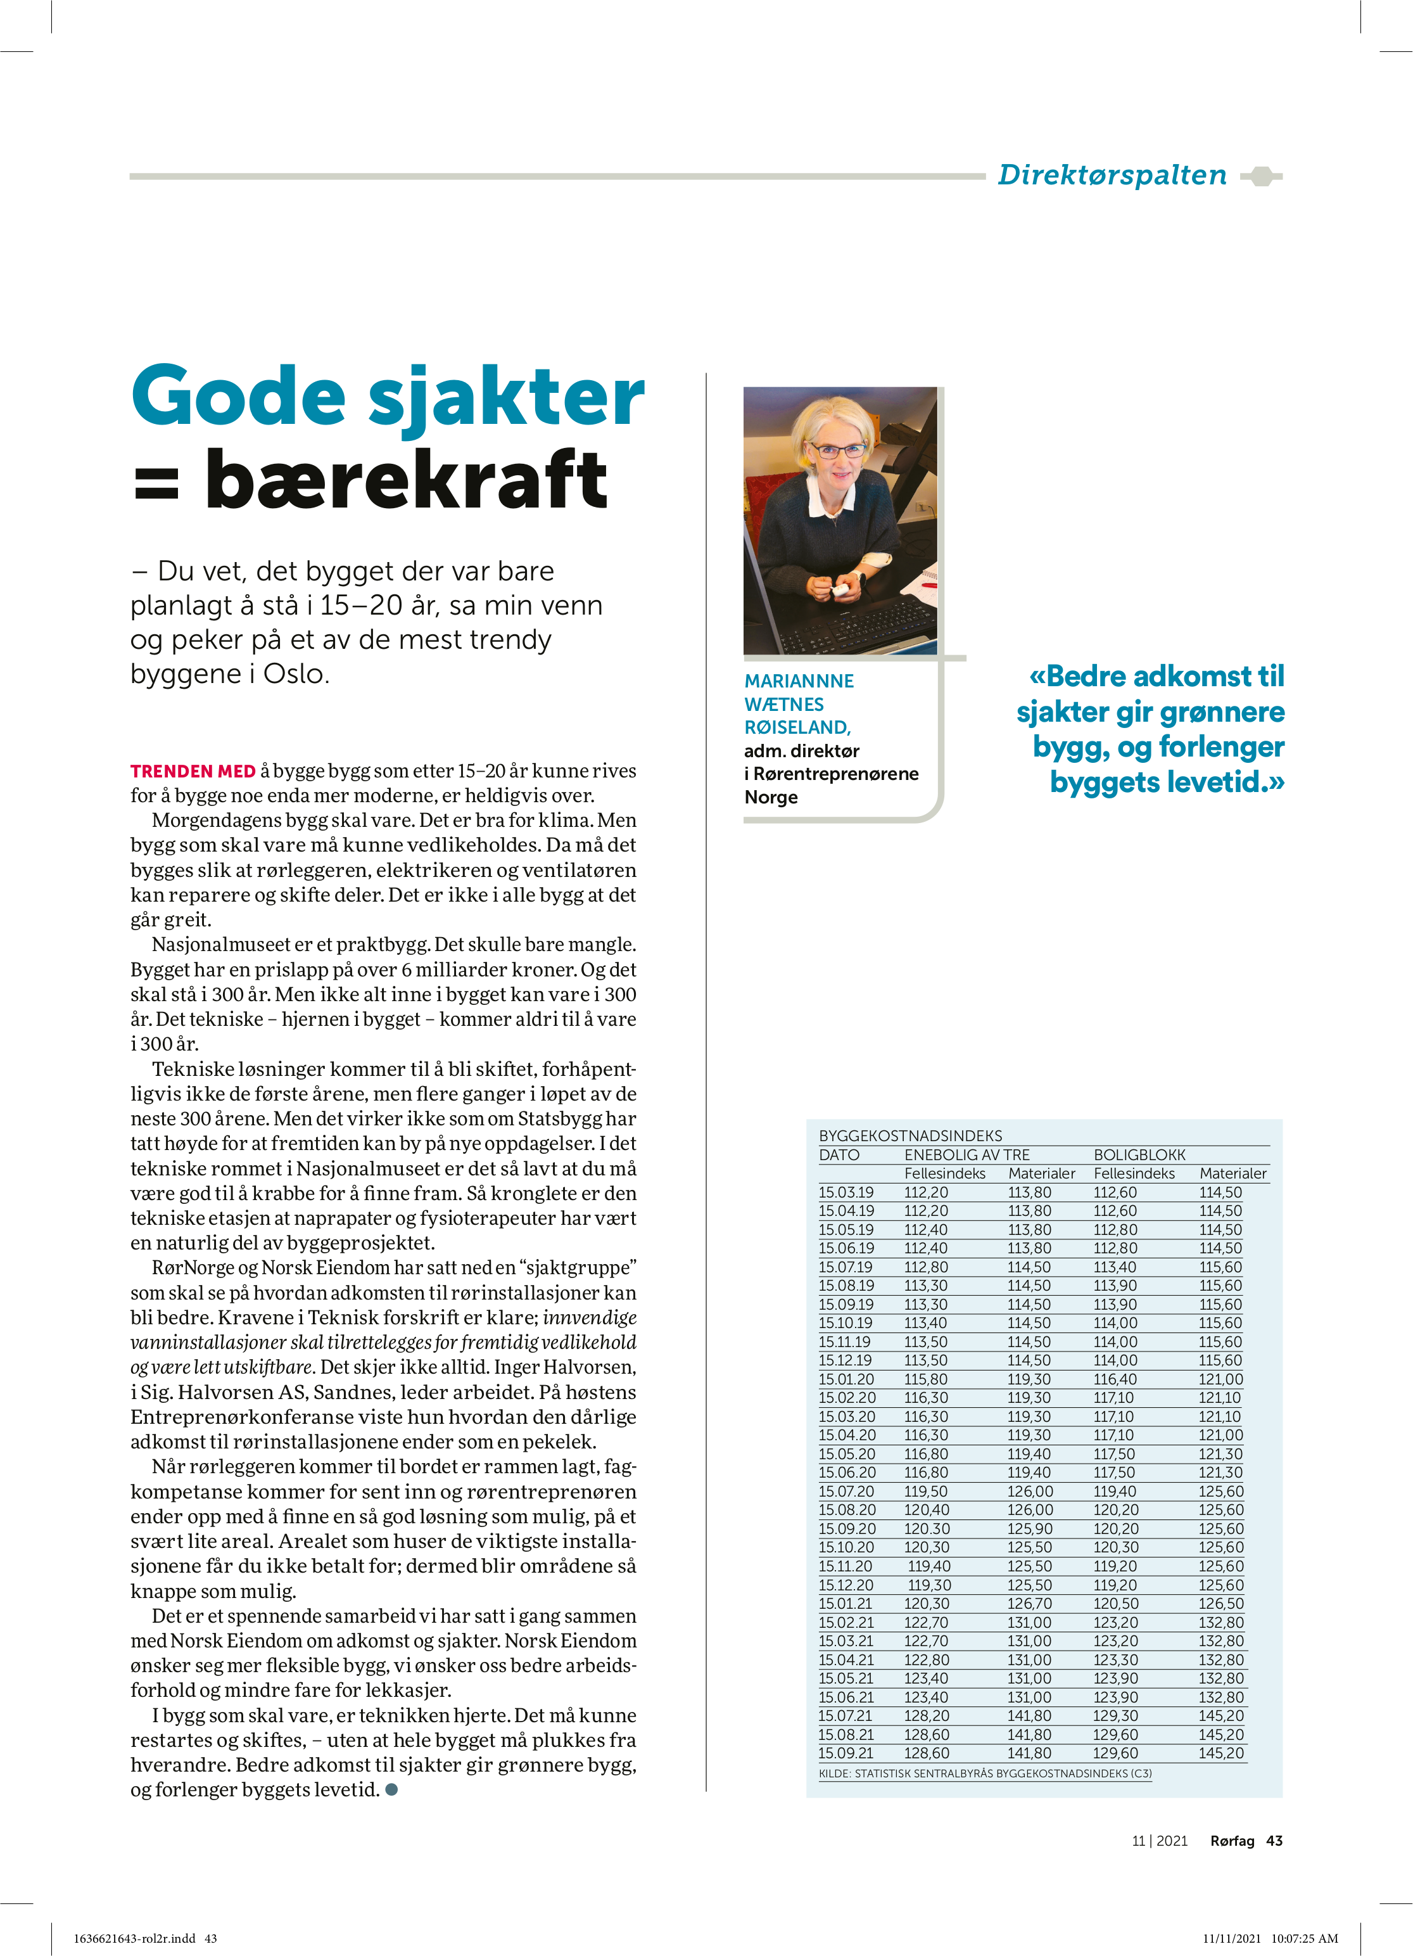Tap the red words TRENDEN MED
193,771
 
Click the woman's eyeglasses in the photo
836,450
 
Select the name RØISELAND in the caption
797,727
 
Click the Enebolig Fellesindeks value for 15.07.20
926,1491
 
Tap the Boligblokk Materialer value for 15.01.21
1220,1603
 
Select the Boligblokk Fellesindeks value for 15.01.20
1115,1379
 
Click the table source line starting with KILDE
984,1773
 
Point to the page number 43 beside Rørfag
1274,1841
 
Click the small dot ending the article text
391,1789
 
